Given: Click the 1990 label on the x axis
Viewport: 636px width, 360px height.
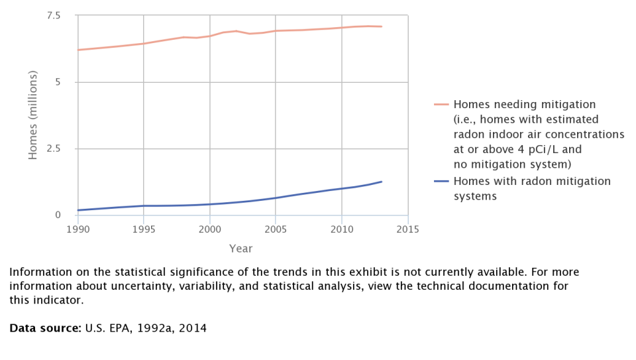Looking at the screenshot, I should pyautogui.click(x=78, y=229).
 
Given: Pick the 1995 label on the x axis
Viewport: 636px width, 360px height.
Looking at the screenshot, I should pyautogui.click(x=144, y=229).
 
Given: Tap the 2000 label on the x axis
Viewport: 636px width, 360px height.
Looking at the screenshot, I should pyautogui.click(x=209, y=229).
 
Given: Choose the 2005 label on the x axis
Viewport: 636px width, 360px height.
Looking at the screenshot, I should pyautogui.click(x=276, y=229).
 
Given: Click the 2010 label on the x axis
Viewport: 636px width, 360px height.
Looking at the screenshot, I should pyautogui.click(x=341, y=229).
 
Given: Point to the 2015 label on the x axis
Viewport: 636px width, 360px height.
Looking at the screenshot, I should pyautogui.click(x=407, y=229).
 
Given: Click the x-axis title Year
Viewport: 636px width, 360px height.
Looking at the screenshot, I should pyautogui.click(x=240, y=249).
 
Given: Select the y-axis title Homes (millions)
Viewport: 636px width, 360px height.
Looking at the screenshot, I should pyautogui.click(x=33, y=115).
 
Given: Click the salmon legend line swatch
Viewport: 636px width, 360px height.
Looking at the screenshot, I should pyautogui.click(x=441, y=105).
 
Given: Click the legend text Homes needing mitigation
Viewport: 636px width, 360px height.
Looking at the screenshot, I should pyautogui.click(x=525, y=104).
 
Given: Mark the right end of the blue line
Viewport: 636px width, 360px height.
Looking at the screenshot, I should pyautogui.click(x=382, y=182).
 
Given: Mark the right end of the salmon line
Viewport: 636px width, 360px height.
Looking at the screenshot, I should pyautogui.click(x=382, y=27).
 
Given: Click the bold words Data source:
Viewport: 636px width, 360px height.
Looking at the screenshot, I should pyautogui.click(x=45, y=328).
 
